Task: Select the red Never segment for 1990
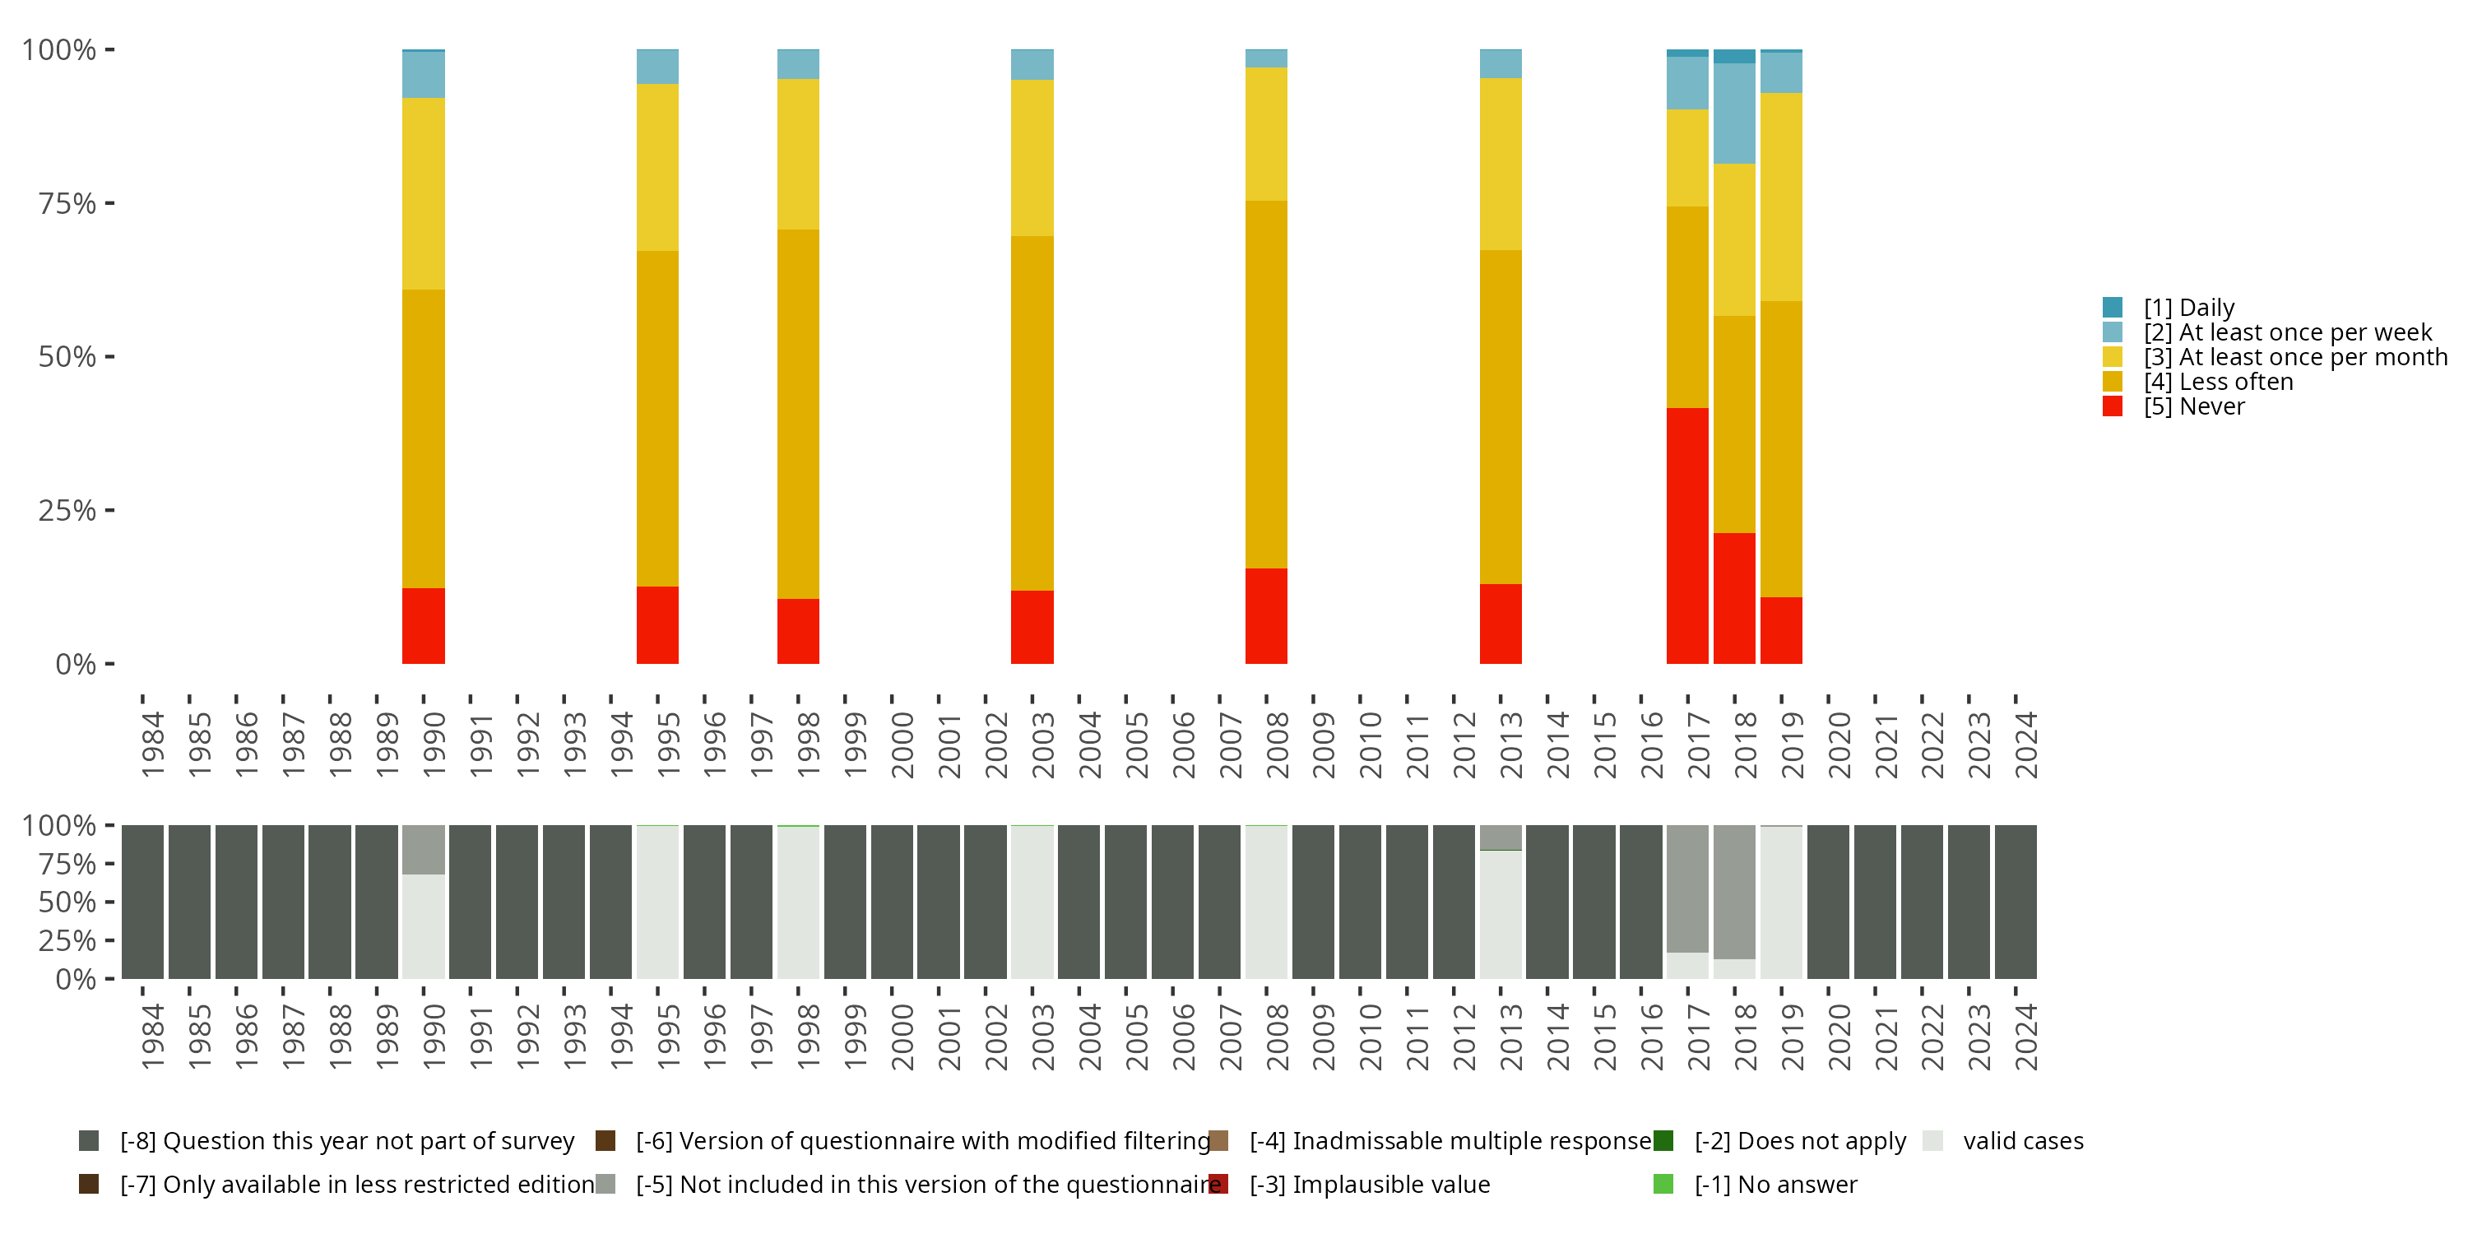click(x=423, y=624)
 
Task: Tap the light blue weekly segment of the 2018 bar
click(x=1734, y=113)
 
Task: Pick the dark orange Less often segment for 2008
click(x=1265, y=383)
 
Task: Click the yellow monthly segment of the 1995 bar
click(x=657, y=167)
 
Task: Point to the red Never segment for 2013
click(x=1501, y=623)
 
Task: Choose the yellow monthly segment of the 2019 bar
click(x=1781, y=197)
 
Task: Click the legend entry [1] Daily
click(x=2188, y=308)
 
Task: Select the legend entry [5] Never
click(x=2193, y=406)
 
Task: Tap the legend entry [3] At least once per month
click(x=2294, y=357)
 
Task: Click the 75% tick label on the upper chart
click(x=67, y=203)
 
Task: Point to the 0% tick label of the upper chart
click(x=76, y=664)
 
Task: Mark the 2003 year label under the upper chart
click(x=1041, y=745)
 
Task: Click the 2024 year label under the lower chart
click(x=2025, y=1037)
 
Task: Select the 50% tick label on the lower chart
click(x=67, y=902)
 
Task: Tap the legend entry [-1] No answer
click(x=1775, y=1184)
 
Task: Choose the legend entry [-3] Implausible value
click(x=1369, y=1184)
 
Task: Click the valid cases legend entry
click(x=2021, y=1141)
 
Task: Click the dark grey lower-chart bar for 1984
click(x=141, y=902)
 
